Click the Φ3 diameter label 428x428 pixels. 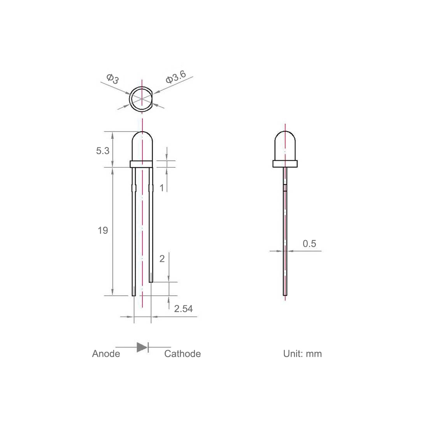pyautogui.click(x=112, y=79)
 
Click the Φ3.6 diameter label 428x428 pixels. pyautogui.click(x=176, y=77)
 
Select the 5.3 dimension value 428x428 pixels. pyautogui.click(x=103, y=151)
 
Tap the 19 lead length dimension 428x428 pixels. pyautogui.click(x=103, y=230)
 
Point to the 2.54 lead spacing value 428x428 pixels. pyautogui.click(x=183, y=309)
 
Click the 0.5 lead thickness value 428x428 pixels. pyautogui.click(x=309, y=244)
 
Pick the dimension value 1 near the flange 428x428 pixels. pyautogui.click(x=162, y=188)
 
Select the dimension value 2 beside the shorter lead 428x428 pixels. pyautogui.click(x=162, y=258)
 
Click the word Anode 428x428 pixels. pyautogui.click(x=106, y=354)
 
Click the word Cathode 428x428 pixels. pyautogui.click(x=182, y=354)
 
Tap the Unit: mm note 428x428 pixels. pyautogui.click(x=302, y=354)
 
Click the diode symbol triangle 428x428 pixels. pyautogui.click(x=142, y=347)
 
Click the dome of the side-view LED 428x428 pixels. pyautogui.click(x=285, y=146)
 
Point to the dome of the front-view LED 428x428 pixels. pyautogui.click(x=142, y=146)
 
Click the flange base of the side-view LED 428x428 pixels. pyautogui.click(x=285, y=164)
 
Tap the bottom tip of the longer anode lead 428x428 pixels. pyautogui.click(x=134, y=294)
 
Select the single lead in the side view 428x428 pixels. pyautogui.click(x=285, y=233)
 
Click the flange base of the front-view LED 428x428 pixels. pyautogui.click(x=142, y=164)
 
